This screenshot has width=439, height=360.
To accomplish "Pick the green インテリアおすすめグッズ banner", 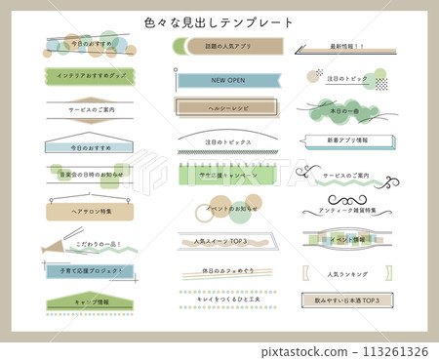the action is click(91, 75).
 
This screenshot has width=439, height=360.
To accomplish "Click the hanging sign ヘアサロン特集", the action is click(92, 211).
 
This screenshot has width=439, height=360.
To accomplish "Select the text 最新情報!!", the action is click(345, 46).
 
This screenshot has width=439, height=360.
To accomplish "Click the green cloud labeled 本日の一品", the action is click(346, 112).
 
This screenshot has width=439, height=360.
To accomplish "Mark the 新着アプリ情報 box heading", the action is click(347, 141).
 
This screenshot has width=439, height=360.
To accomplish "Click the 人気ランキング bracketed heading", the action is click(346, 274).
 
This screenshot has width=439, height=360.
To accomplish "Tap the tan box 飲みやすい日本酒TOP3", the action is click(346, 300).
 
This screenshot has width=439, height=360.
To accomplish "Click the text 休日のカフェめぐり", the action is click(227, 270).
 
